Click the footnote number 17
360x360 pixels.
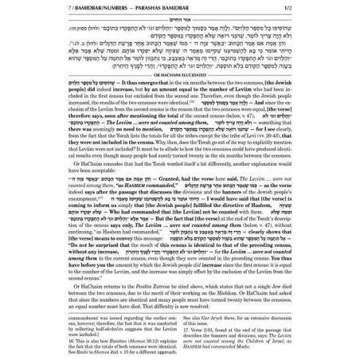point(189,331)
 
